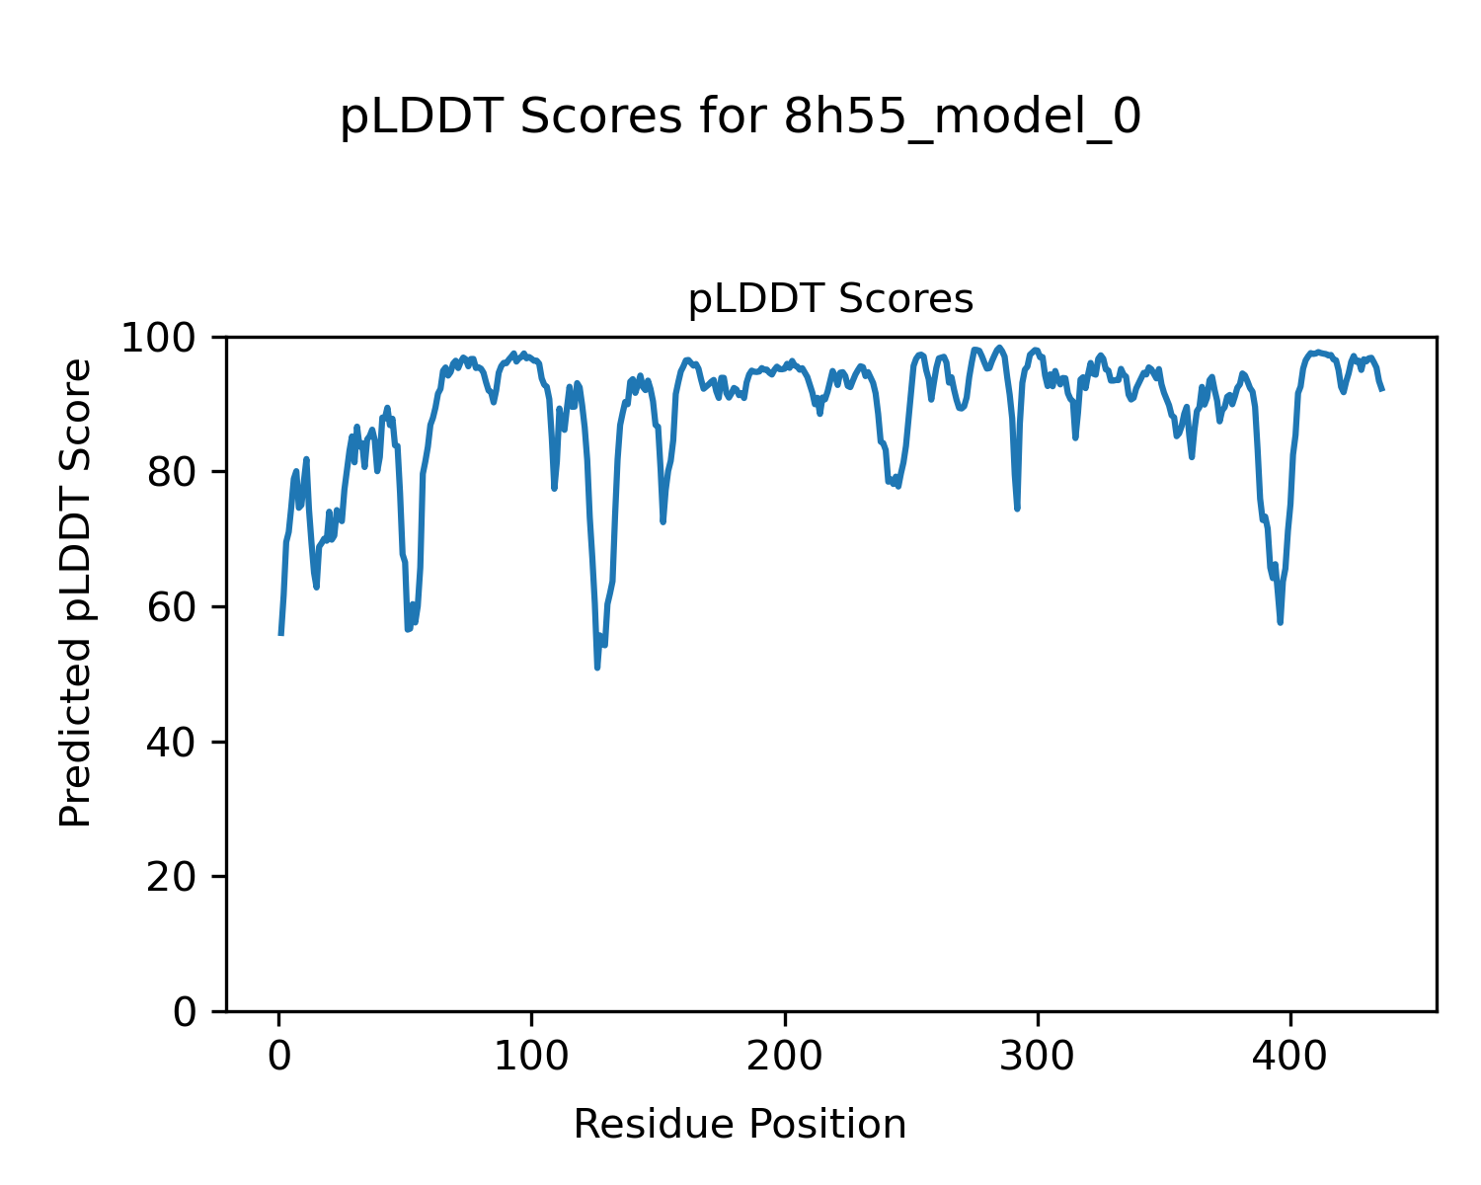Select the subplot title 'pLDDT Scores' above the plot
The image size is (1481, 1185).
point(830,299)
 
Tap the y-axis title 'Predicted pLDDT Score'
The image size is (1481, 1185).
point(76,592)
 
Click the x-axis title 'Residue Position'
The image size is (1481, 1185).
point(740,1124)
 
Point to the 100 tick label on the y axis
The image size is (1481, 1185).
point(168,339)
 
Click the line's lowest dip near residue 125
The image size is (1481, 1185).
point(597,668)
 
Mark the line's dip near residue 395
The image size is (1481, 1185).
point(1280,622)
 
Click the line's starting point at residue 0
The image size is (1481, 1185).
point(281,634)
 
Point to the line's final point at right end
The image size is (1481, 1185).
point(1382,389)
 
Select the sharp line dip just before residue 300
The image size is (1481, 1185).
point(1017,509)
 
